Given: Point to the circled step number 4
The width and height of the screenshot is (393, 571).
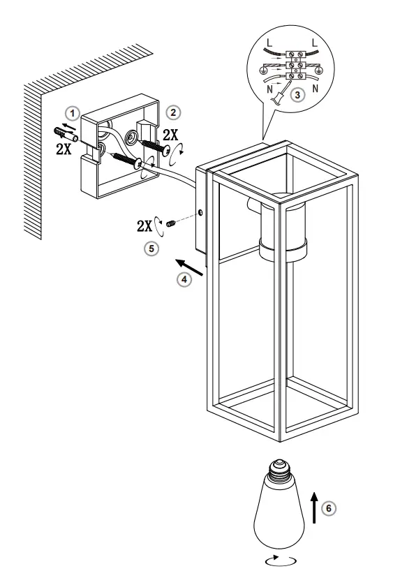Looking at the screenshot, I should click(x=183, y=279).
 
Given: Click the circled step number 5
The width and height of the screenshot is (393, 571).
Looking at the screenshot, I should click(x=151, y=246).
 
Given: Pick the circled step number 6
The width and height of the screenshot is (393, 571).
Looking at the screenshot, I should click(x=331, y=508).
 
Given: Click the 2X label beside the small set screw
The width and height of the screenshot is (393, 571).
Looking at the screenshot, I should click(x=145, y=225).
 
